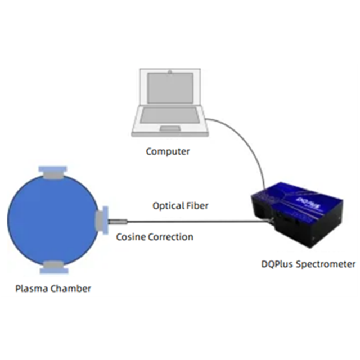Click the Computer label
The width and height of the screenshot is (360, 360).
(x=168, y=151)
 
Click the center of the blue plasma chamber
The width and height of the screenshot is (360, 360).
(x=53, y=219)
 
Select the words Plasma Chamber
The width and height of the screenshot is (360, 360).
(x=53, y=289)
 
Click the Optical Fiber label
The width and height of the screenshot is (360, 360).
(x=181, y=206)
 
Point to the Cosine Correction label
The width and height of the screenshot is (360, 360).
(x=154, y=237)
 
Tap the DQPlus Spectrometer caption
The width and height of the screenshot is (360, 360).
(x=308, y=264)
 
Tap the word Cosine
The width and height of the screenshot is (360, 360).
(x=130, y=237)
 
